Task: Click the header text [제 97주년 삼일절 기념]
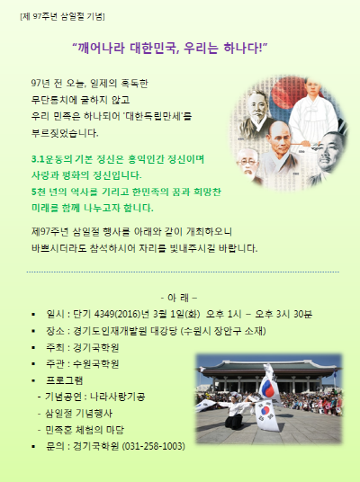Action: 62,16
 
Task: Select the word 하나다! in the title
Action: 243,48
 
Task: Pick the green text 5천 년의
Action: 49,192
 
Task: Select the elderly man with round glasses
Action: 247,165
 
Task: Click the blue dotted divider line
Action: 183,272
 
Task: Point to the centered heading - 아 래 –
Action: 179,298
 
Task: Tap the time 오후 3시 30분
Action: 283,314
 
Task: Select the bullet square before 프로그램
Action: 33,380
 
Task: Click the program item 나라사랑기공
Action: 118,397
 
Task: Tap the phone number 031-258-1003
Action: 154,446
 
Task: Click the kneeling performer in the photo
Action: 234,413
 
